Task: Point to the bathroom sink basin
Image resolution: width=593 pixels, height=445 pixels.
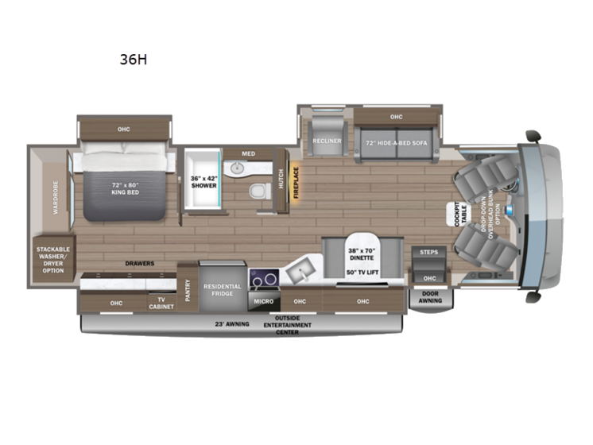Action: pyautogui.click(x=237, y=168)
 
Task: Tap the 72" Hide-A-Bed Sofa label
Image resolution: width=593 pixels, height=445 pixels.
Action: pyautogui.click(x=397, y=143)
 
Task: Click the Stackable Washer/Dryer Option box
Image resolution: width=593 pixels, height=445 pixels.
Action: pyautogui.click(x=55, y=259)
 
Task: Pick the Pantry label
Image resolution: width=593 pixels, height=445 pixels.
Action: pyautogui.click(x=188, y=284)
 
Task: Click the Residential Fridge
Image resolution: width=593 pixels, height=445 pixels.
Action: pyautogui.click(x=222, y=289)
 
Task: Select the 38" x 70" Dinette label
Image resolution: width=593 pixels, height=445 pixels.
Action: pyautogui.click(x=362, y=254)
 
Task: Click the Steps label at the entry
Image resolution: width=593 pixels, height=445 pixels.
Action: pyautogui.click(x=428, y=253)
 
